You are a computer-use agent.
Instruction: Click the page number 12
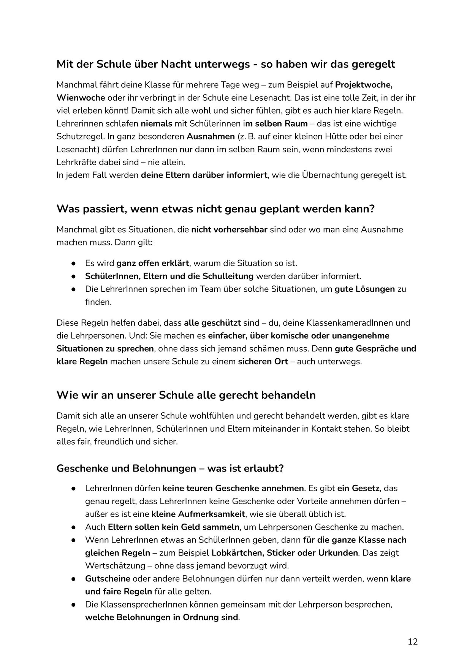pos(412,642)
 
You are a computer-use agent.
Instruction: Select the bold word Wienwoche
pos(81,98)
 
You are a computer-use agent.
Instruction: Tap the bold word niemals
pos(157,123)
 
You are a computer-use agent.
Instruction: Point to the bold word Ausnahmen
pos(211,136)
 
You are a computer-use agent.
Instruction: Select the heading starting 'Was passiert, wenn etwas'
pos(215,209)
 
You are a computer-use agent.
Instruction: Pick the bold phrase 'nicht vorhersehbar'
pos(229,229)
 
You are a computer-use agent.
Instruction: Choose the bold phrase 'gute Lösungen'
pos(364,289)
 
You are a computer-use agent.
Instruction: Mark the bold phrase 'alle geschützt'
pos(212,323)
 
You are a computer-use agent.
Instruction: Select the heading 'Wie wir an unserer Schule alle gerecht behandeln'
pos(186,395)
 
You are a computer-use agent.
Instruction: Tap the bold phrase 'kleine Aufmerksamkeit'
pos(198,514)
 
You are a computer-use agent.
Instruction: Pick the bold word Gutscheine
pos(108,579)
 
